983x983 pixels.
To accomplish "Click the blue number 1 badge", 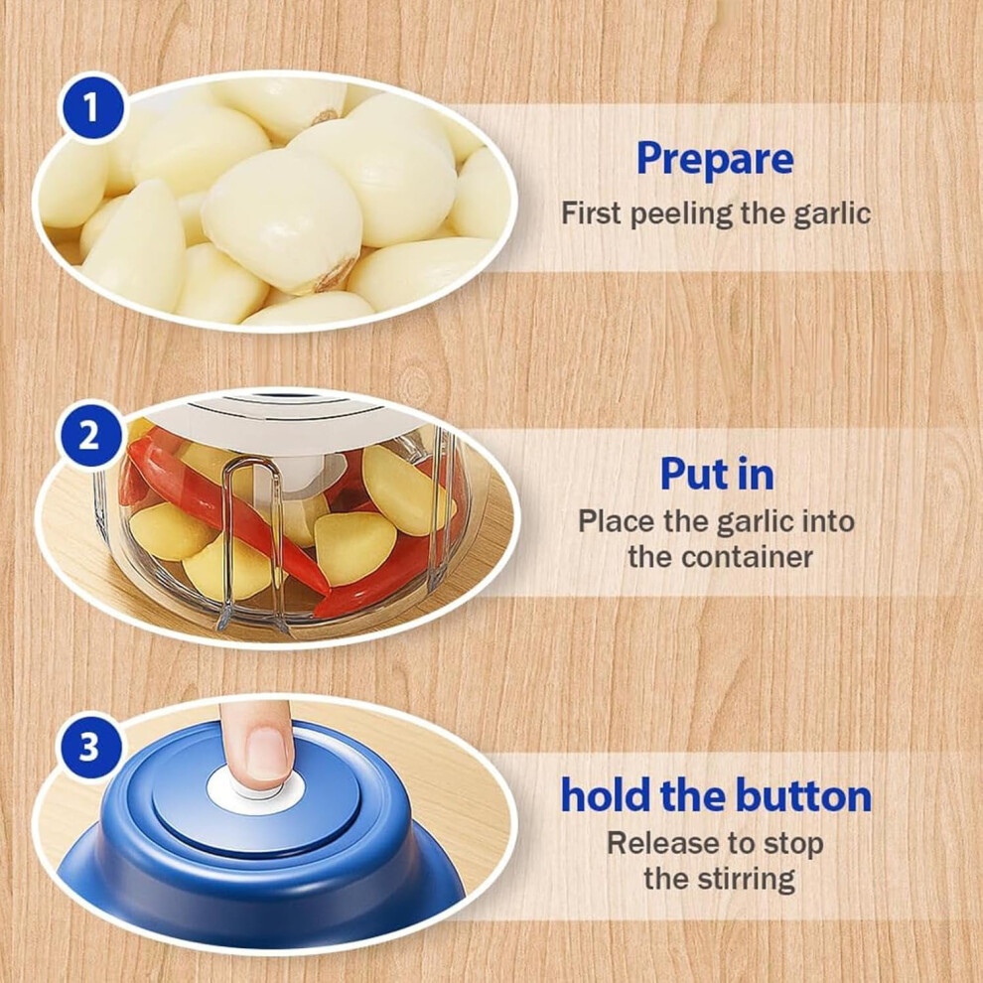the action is [91, 107].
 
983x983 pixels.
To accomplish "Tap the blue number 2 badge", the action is [88, 435].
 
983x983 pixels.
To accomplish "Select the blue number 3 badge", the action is [88, 747].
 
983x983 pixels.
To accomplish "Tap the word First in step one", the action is [593, 213].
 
